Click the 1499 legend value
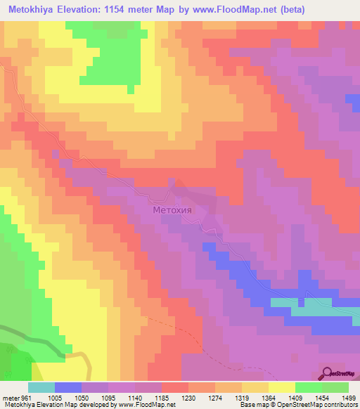[x=343, y=398]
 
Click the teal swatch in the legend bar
[x=41, y=387]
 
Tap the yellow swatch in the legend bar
[x=282, y=387]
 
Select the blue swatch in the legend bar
[x=68, y=387]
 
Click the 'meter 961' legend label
[x=16, y=398]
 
